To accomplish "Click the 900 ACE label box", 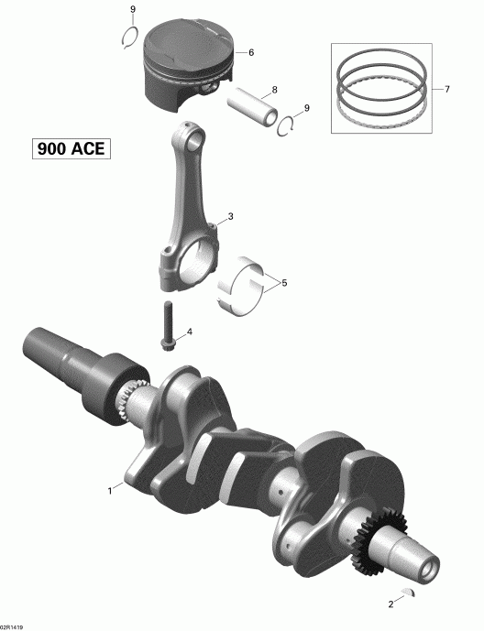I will (69, 148).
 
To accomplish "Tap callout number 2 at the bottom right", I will (391, 604).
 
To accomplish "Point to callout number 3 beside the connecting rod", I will (230, 217).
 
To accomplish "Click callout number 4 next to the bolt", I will (189, 331).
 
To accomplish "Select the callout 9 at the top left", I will (133, 9).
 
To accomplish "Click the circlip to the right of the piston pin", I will (288, 125).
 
